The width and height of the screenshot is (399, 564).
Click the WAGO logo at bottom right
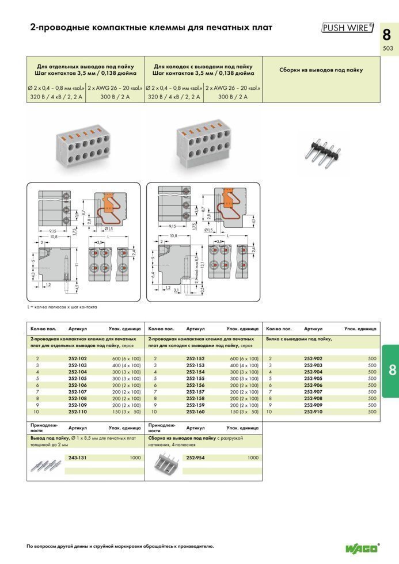(x=362, y=547)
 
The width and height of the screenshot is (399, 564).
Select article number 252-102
(x=77, y=358)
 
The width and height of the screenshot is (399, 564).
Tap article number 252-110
(x=77, y=412)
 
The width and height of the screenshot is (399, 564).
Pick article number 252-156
(x=195, y=385)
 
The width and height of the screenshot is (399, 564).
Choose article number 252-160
(x=195, y=412)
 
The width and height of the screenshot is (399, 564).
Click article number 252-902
(x=313, y=358)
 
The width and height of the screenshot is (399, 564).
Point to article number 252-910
(x=313, y=412)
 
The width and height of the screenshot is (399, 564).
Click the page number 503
(x=387, y=48)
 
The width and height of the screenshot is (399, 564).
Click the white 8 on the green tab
(x=392, y=370)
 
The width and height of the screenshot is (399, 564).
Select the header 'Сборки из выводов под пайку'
(x=321, y=70)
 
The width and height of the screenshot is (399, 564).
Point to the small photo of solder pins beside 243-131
(x=45, y=463)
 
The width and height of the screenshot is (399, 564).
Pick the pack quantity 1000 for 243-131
(x=135, y=458)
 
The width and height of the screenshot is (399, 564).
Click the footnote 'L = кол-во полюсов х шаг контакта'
(x=62, y=307)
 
